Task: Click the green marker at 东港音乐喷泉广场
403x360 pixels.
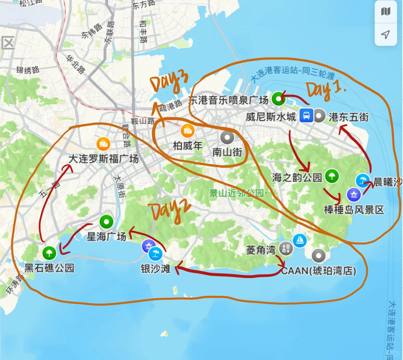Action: coord(278,99)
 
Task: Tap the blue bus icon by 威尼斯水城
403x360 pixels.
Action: coord(306,116)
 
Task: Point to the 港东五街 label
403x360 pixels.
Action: coord(349,117)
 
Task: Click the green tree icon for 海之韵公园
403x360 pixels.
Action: coord(332,175)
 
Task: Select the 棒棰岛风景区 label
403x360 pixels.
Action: coord(354,210)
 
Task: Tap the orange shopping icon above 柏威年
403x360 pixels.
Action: coord(188,131)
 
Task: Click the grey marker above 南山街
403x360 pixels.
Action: coord(228,137)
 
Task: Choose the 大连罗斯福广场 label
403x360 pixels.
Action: coord(103,159)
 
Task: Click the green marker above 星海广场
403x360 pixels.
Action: coord(106,221)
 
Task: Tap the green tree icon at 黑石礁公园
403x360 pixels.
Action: coord(49,253)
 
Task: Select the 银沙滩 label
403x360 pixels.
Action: coord(155,268)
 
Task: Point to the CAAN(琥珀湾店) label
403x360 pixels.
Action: coord(319,271)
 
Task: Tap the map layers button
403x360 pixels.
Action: coord(386,12)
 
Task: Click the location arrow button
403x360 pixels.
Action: coord(386,34)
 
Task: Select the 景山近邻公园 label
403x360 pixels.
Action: coord(236,193)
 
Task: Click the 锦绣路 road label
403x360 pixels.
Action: coord(28,70)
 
